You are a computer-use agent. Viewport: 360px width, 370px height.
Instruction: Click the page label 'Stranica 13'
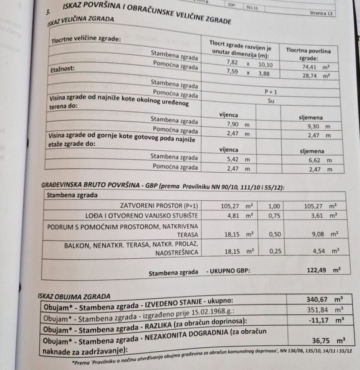pos(321,13)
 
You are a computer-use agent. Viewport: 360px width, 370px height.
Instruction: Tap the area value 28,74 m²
pos(316,76)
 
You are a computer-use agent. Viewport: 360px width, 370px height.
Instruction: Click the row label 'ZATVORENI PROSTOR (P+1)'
pos(159,205)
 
